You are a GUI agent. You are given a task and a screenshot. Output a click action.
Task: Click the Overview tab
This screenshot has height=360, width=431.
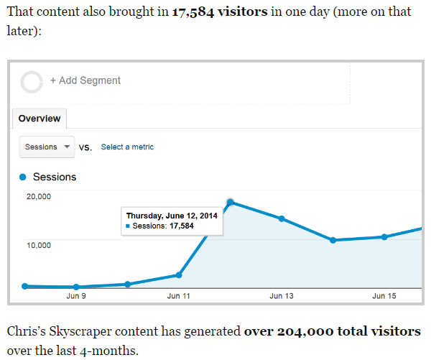[x=40, y=119]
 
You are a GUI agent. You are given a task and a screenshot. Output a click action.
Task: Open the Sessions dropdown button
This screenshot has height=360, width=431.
[x=47, y=147]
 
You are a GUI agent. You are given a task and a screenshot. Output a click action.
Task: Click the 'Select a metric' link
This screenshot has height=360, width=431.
[x=127, y=147]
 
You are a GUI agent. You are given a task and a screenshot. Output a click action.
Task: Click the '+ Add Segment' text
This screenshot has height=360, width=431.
[x=85, y=80]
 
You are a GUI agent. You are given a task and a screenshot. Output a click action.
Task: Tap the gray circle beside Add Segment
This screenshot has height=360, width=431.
[x=32, y=81]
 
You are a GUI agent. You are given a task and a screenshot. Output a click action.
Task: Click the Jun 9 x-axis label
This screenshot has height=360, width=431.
[x=76, y=295]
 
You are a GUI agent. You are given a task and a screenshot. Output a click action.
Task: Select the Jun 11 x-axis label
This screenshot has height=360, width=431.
[x=179, y=295]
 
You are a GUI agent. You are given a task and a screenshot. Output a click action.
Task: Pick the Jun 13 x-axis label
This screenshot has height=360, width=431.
[x=282, y=295]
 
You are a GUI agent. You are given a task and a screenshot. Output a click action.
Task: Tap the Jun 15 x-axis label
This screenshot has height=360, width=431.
[x=384, y=295]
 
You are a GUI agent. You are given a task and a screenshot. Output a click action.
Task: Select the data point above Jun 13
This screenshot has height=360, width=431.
[x=282, y=218]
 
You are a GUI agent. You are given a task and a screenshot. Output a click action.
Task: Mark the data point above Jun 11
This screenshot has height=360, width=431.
[x=179, y=275]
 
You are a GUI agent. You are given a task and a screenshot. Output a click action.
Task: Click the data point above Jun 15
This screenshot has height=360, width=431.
[x=384, y=236]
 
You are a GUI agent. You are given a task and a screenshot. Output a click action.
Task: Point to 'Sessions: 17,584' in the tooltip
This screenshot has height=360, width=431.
[x=163, y=226]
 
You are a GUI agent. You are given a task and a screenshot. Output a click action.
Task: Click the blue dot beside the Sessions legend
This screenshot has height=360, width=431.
[x=23, y=177]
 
